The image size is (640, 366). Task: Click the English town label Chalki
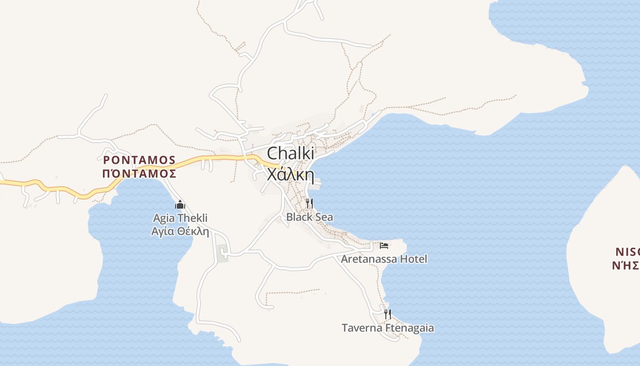point(290,153)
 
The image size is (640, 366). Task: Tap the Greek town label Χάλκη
point(290,174)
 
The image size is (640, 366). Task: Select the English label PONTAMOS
point(139,160)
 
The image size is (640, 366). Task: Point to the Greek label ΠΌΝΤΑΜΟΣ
point(139,173)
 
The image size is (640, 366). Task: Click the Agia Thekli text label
point(180,218)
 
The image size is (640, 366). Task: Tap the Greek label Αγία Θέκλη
point(180,231)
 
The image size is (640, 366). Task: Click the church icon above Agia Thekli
point(180,205)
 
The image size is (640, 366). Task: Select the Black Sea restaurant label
point(309,217)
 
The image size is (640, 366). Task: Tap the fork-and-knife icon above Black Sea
point(309,203)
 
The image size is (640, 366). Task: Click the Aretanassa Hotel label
point(384,259)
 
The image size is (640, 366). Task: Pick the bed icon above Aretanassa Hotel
point(384,246)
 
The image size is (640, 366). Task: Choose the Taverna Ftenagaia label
point(388,328)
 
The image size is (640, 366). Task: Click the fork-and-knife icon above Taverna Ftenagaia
point(388,314)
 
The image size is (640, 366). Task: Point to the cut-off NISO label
point(627,252)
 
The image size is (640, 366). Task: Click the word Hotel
point(413,259)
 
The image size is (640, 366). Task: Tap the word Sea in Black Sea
point(324,217)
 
